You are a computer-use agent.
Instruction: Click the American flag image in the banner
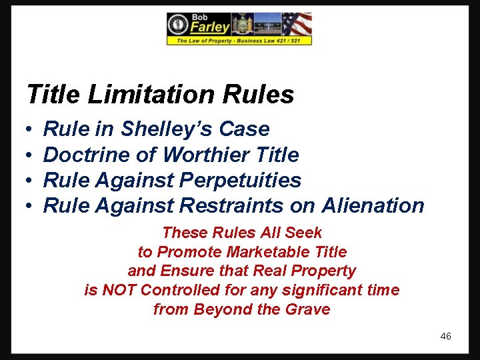[297, 24]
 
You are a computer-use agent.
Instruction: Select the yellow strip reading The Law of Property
[239, 41]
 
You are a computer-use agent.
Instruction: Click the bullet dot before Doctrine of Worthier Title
[30, 155]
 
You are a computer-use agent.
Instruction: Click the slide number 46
[445, 336]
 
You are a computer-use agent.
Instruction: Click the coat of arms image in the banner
[242, 24]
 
